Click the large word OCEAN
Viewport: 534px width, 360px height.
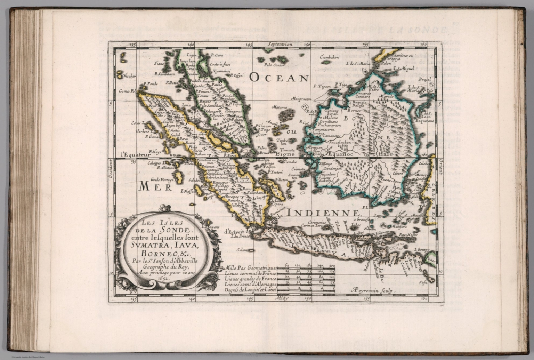point(279,78)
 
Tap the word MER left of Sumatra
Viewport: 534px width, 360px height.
point(155,187)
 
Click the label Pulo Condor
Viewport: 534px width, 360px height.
point(274,65)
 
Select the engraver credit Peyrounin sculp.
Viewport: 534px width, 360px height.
point(372,290)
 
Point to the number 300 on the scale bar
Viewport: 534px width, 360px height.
point(332,265)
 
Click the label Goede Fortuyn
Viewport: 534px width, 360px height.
point(162,180)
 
